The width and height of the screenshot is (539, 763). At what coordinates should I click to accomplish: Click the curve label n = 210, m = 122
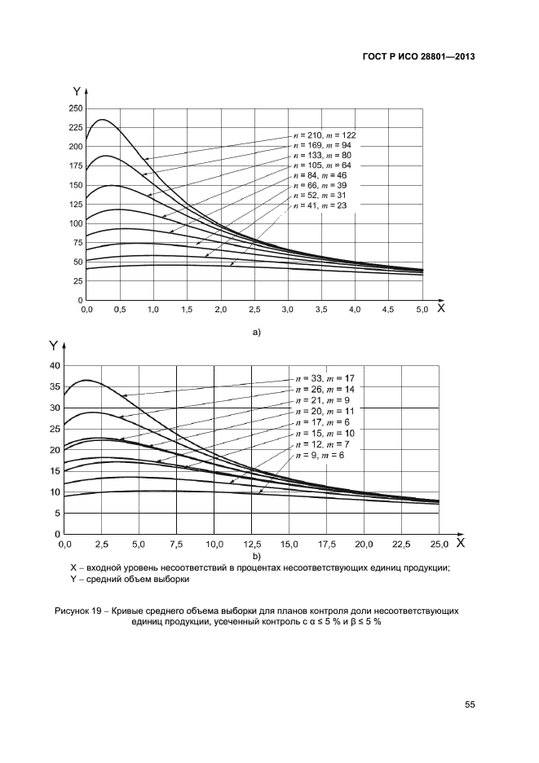(x=324, y=135)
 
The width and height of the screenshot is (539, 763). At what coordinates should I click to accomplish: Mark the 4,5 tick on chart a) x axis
(x=388, y=311)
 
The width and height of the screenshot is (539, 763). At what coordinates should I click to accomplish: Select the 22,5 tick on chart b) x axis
(x=400, y=544)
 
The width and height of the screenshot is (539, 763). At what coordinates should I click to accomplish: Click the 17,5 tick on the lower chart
(x=325, y=544)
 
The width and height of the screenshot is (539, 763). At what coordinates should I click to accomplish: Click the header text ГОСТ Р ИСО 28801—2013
(x=418, y=57)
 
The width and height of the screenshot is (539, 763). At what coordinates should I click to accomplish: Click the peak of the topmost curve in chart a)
(x=102, y=120)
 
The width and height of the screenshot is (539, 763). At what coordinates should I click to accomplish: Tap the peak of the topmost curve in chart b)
(x=86, y=380)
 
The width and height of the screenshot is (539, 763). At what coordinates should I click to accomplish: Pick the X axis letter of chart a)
(x=440, y=308)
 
